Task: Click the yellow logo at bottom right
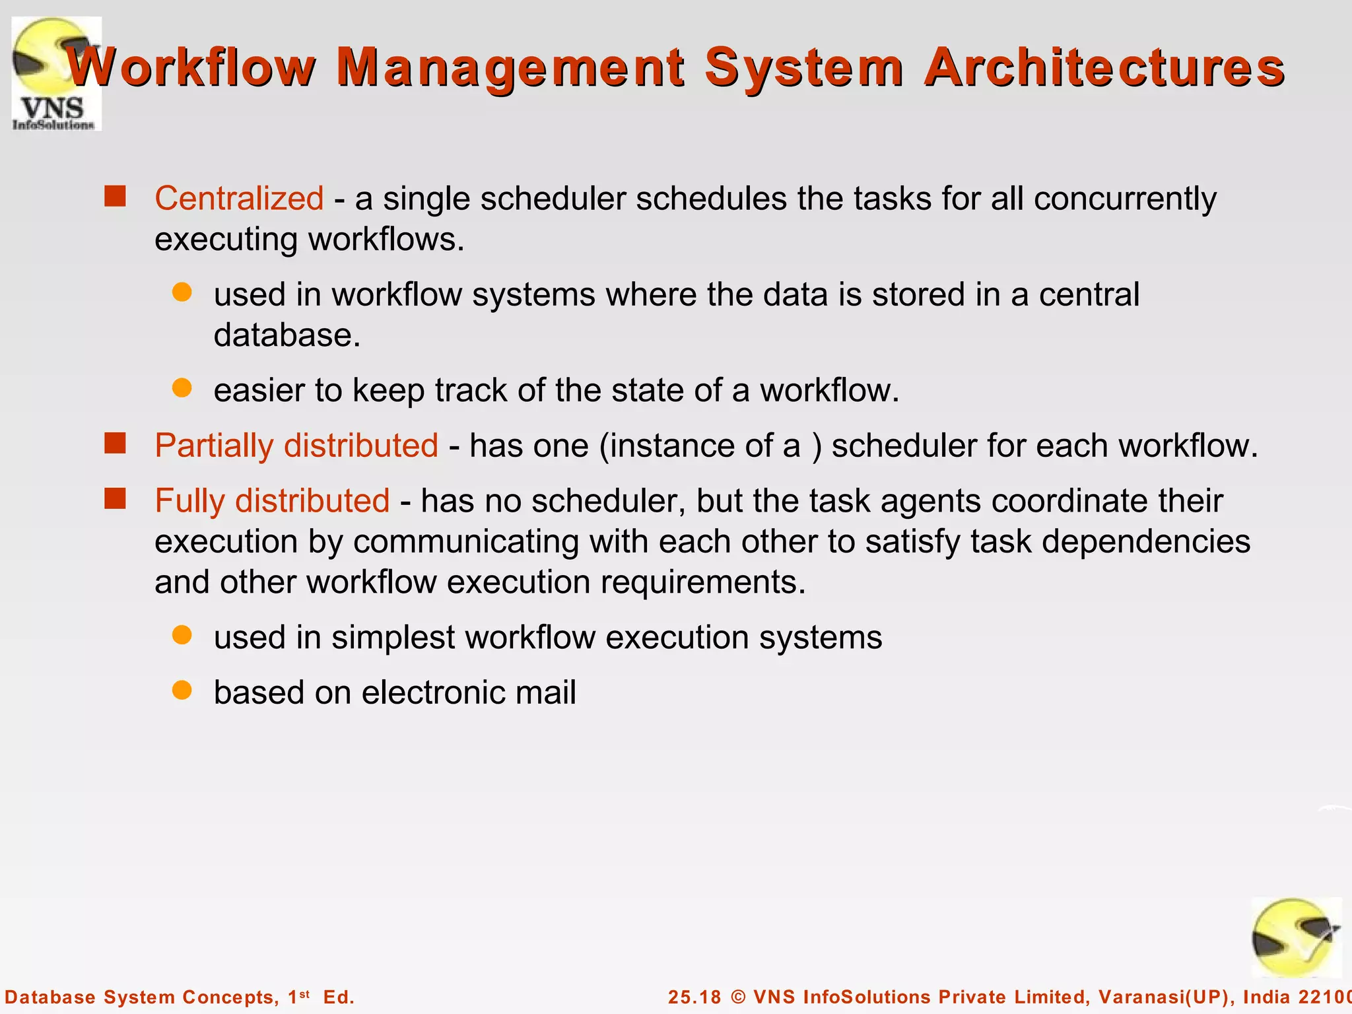coord(1295,937)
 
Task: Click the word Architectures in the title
coord(1104,67)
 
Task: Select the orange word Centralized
coord(239,198)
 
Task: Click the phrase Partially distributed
coord(296,446)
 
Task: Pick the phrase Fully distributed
coord(272,500)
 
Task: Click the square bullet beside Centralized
coord(115,197)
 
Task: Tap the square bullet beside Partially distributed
coord(115,444)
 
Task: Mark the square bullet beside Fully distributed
coord(115,499)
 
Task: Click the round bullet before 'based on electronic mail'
coord(182,691)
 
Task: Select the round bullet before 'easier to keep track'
coord(182,388)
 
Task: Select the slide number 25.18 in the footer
coord(694,997)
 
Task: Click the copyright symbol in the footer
coord(738,997)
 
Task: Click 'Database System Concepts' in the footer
coord(141,997)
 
